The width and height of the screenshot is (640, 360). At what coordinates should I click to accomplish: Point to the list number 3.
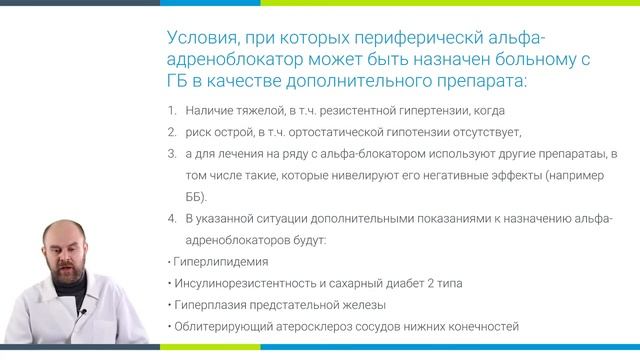[171, 153]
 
